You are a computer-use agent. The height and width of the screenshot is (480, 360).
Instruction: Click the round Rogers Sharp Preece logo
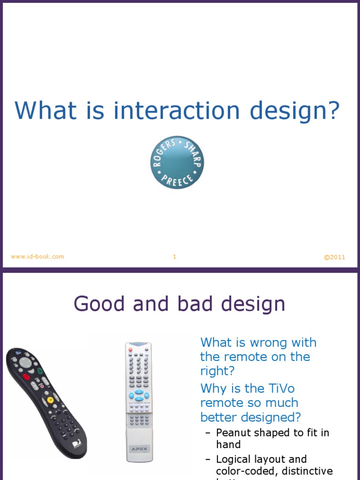[177, 163]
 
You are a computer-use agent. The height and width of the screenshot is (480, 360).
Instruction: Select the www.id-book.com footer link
[37, 256]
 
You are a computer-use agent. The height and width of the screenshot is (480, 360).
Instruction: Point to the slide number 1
[174, 256]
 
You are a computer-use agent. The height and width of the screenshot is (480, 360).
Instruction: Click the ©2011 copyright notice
[334, 257]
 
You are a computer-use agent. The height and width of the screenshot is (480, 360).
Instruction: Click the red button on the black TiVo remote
[26, 376]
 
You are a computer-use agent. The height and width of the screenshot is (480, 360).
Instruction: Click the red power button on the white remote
[131, 350]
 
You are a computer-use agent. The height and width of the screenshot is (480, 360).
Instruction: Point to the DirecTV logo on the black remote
[75, 444]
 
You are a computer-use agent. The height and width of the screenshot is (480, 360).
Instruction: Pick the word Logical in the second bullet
[235, 459]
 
